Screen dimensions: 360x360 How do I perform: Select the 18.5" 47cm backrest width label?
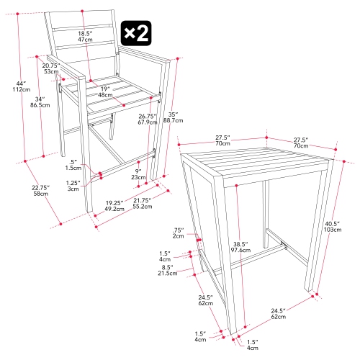85,37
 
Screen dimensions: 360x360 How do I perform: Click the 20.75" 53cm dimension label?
50,68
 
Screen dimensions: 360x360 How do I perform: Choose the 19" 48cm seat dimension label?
105,91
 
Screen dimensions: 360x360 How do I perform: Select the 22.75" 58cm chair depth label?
40,189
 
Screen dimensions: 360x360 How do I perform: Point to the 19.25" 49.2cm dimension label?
114,207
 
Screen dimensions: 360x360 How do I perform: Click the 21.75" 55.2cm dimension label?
149,202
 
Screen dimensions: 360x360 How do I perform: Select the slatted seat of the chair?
115,92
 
